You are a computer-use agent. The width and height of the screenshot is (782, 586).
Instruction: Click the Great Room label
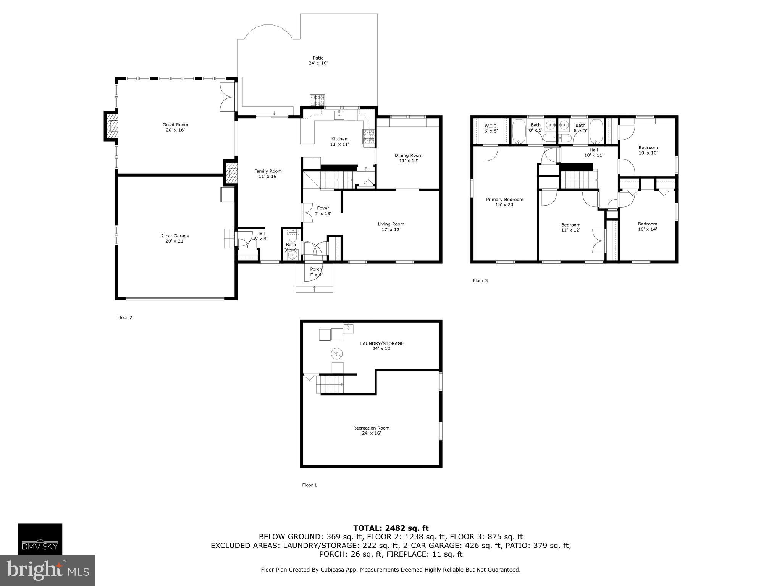pyautogui.click(x=175, y=127)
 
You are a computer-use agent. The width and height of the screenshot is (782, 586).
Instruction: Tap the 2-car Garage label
pyautogui.click(x=175, y=238)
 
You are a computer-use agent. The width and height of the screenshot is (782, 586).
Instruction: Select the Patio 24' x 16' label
pyautogui.click(x=318, y=61)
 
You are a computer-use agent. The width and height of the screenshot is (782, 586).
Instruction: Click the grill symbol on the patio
pyautogui.click(x=317, y=100)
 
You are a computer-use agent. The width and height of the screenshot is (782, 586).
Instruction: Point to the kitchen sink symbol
pyautogui.click(x=339, y=115)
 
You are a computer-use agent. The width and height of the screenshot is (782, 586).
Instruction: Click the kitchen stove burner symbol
pyautogui.click(x=368, y=138)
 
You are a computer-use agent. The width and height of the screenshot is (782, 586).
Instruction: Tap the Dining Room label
pyautogui.click(x=408, y=158)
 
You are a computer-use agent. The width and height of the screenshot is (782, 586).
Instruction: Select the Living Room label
pyautogui.click(x=391, y=227)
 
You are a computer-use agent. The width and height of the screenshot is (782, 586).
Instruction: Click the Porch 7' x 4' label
pyautogui.click(x=316, y=272)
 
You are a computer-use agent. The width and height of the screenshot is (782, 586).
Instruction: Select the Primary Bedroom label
pyautogui.click(x=504, y=202)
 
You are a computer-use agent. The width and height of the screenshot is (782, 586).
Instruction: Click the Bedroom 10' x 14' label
pyautogui.click(x=647, y=227)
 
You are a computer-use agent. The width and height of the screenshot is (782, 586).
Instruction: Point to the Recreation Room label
pyautogui.click(x=371, y=430)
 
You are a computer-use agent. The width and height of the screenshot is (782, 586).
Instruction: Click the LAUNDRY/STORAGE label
pyautogui.click(x=381, y=346)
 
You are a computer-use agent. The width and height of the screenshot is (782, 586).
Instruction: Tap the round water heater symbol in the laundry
pyautogui.click(x=336, y=354)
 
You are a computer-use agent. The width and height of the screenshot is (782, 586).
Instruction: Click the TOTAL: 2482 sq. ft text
pyautogui.click(x=391, y=528)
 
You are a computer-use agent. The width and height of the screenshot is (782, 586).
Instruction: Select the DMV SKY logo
pyautogui.click(x=40, y=539)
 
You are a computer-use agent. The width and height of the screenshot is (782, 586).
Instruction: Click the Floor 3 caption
pyautogui.click(x=480, y=280)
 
